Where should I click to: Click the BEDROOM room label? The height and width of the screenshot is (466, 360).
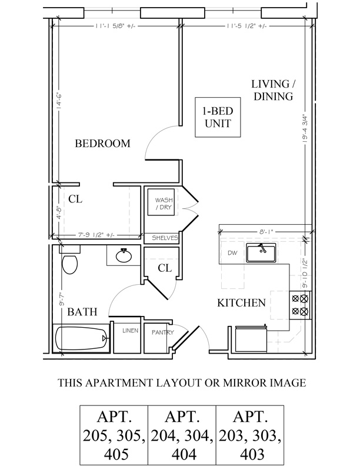pos(102,143)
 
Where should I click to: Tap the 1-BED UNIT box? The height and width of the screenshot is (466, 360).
pos(218,117)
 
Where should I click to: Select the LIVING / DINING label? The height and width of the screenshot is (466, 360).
pos(274,90)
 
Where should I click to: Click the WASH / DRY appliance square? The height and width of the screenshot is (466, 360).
pos(161,202)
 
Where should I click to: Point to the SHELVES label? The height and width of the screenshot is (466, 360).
pos(165,238)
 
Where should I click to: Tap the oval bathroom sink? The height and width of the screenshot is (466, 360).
pos(124,255)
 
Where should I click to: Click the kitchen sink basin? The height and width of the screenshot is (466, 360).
pos(261,252)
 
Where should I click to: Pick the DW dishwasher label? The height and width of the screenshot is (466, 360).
pos(232,253)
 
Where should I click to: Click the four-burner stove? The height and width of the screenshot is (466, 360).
pos(299,305)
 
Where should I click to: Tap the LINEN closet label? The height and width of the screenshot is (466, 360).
pos(131,330)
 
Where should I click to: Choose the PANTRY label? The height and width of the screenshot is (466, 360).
pos(163,332)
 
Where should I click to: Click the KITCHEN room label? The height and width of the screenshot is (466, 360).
pos(242,303)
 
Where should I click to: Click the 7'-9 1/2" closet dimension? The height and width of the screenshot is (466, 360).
pos(96,235)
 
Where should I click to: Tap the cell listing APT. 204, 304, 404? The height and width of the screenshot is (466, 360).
pos(182,435)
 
